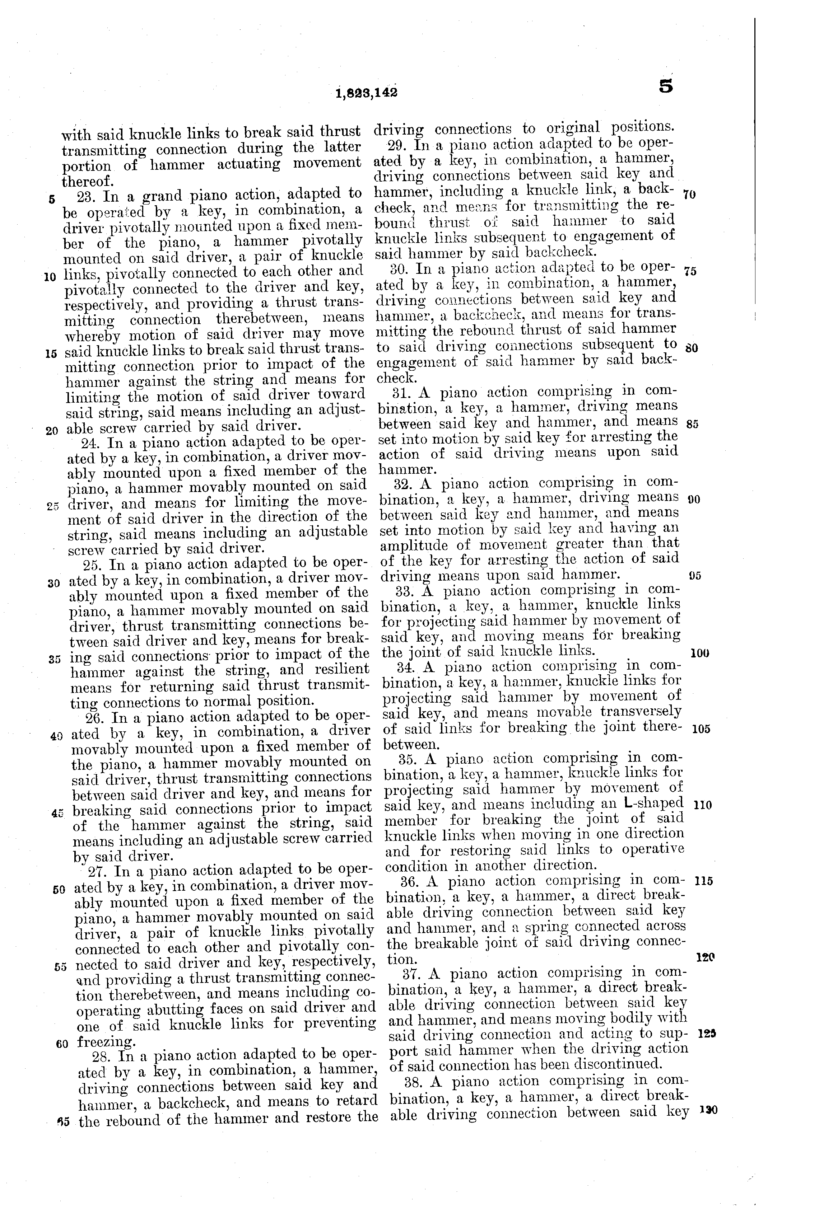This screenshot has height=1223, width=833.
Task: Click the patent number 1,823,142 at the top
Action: point(366,93)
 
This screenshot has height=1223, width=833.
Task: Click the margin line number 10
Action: point(51,276)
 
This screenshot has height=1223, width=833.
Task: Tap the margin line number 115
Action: point(704,881)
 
